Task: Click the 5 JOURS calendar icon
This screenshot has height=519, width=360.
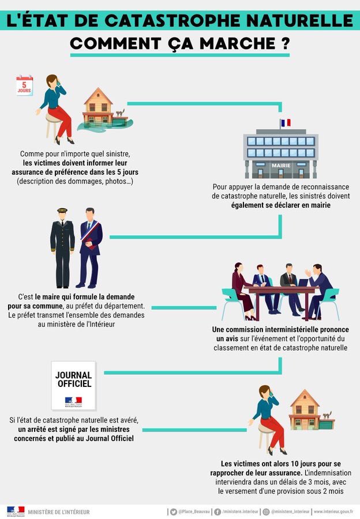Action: pyautogui.click(x=24, y=85)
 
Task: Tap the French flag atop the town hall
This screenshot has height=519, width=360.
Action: pyautogui.click(x=286, y=123)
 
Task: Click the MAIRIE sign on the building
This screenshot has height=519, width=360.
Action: pyautogui.click(x=281, y=166)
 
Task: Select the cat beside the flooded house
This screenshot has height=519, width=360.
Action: pyautogui.click(x=120, y=114)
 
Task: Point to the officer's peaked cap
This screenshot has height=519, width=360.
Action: pyautogui.click(x=62, y=212)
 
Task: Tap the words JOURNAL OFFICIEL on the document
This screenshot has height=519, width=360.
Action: pyautogui.click(x=73, y=379)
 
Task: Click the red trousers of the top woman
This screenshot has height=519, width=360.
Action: pyautogui.click(x=63, y=121)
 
